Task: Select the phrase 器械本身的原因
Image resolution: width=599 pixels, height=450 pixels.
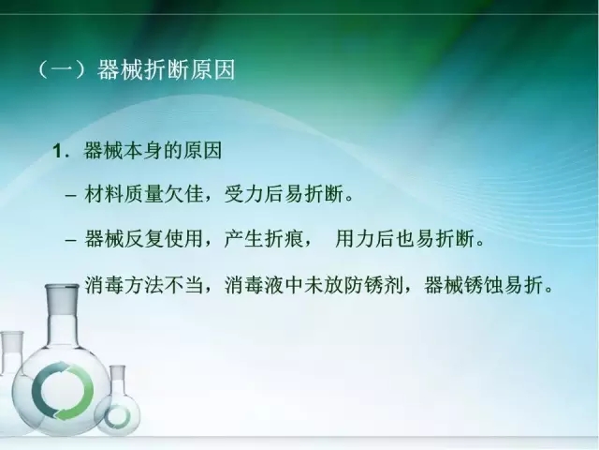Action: pyautogui.click(x=153, y=150)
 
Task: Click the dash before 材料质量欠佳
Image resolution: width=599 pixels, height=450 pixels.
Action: pyautogui.click(x=72, y=195)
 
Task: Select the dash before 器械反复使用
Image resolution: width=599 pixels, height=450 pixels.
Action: pyautogui.click(x=72, y=239)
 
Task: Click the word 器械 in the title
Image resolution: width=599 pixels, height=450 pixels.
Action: pyautogui.click(x=118, y=71)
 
